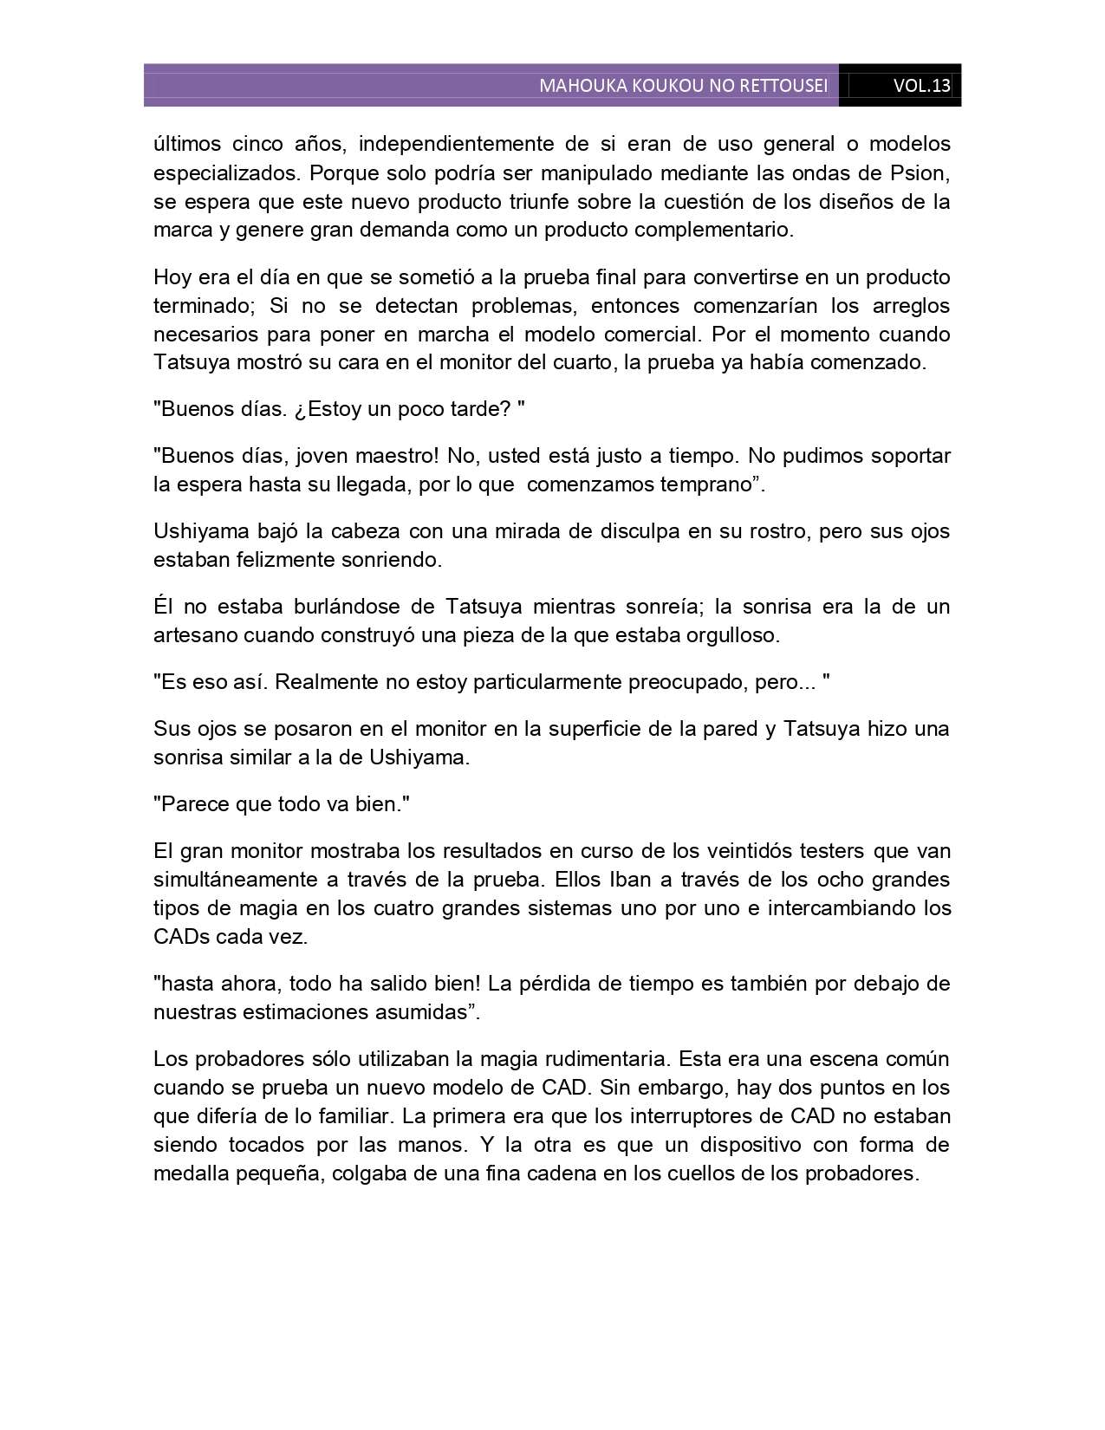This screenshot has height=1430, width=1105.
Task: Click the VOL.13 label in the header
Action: [921, 86]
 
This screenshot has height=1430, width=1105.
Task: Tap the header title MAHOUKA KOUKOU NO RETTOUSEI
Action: [683, 86]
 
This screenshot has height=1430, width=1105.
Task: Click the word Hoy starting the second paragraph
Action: [171, 277]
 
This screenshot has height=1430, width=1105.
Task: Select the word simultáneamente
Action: [236, 880]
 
